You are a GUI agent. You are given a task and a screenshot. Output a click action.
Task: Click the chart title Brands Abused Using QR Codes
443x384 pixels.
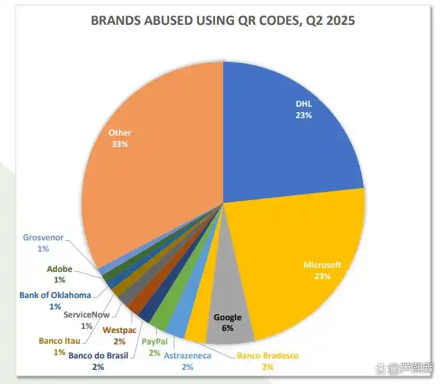(223, 20)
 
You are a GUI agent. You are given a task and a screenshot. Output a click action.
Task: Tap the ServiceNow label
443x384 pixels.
(87, 315)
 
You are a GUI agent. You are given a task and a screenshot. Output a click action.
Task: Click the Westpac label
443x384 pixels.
(119, 330)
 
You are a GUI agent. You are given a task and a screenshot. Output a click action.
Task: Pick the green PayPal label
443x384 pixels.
(155, 342)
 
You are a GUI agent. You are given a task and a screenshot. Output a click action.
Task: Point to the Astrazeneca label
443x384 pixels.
(188, 355)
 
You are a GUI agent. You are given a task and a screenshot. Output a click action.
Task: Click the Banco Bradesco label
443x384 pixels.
(268, 355)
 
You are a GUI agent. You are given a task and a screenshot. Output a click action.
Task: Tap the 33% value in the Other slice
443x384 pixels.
(120, 144)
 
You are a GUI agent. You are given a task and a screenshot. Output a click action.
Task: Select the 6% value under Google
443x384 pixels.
(227, 328)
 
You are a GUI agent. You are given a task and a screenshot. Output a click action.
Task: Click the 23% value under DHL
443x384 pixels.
(304, 115)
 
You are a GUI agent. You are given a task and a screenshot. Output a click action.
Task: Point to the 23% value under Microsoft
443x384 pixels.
(322, 276)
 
